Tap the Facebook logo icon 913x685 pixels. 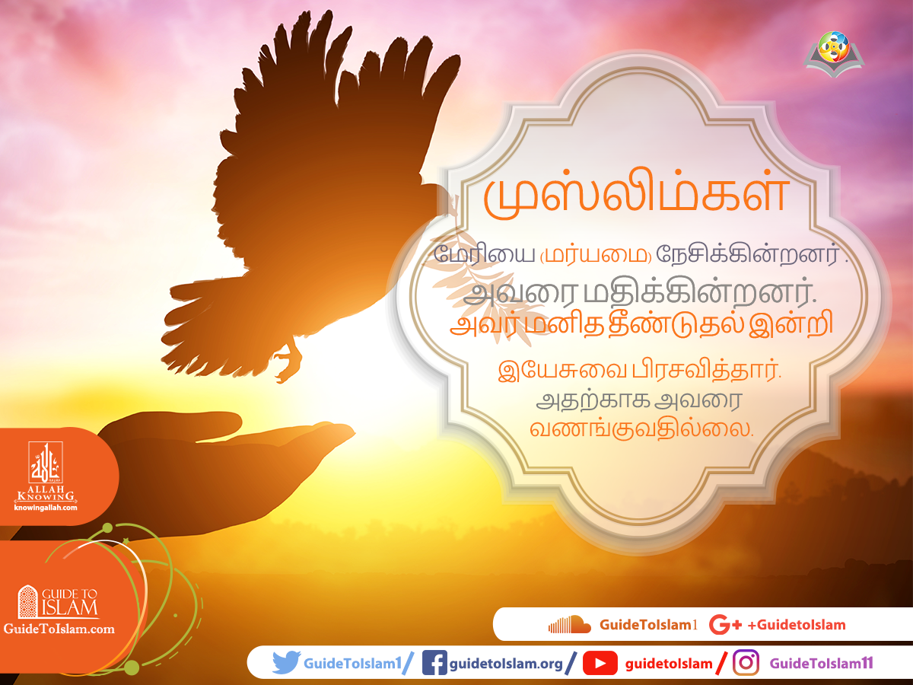434,663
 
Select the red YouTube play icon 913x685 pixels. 600,664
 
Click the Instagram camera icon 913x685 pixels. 746,663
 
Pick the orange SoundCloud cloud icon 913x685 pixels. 569,625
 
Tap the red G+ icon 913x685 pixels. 724,625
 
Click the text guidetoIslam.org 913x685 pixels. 506,664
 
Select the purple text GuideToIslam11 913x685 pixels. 821,664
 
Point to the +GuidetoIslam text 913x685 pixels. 797,625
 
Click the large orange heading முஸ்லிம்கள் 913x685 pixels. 635,196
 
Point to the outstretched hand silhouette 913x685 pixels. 228,457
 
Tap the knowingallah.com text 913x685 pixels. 46,508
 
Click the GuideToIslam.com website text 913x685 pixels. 59,629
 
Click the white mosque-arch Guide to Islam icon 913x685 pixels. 28,601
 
